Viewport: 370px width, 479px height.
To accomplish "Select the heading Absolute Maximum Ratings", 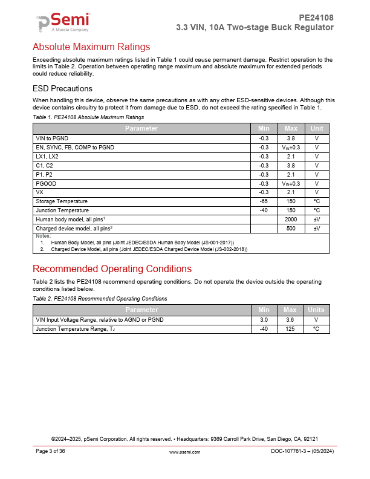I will pyautogui.click(x=91, y=47).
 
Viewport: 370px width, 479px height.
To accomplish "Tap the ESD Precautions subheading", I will pyautogui.click(x=62, y=88).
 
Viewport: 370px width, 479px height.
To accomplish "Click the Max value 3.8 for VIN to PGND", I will pyautogui.click(x=291, y=138).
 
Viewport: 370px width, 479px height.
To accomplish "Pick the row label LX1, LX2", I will pyautogui.click(x=48, y=156).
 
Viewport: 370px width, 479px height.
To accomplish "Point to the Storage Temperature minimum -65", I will pyautogui.click(x=264, y=201).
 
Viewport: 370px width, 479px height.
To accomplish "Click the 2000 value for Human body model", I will pyautogui.click(x=291, y=220).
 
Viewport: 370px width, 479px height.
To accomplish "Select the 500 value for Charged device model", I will pyautogui.click(x=291, y=229).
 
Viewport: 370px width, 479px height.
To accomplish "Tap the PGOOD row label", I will pyautogui.click(x=46, y=183).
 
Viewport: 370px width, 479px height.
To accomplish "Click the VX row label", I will pyautogui.click(x=40, y=192).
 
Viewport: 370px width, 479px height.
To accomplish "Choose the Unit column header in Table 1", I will pyautogui.click(x=316, y=128).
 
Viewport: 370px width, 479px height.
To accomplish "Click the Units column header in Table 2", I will pyautogui.click(x=316, y=310).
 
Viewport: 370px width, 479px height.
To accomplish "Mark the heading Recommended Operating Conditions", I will pyautogui.click(x=112, y=269).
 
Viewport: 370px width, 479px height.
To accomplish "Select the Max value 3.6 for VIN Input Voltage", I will pyautogui.click(x=291, y=319).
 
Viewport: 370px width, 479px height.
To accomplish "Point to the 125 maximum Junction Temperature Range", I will pyautogui.click(x=291, y=328).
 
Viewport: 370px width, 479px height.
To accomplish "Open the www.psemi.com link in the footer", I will pyautogui.click(x=184, y=452).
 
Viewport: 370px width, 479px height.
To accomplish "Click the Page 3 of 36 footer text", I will pyautogui.click(x=50, y=452).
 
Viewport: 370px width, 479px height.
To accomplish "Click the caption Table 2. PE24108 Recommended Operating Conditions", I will pyautogui.click(x=100, y=299).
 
